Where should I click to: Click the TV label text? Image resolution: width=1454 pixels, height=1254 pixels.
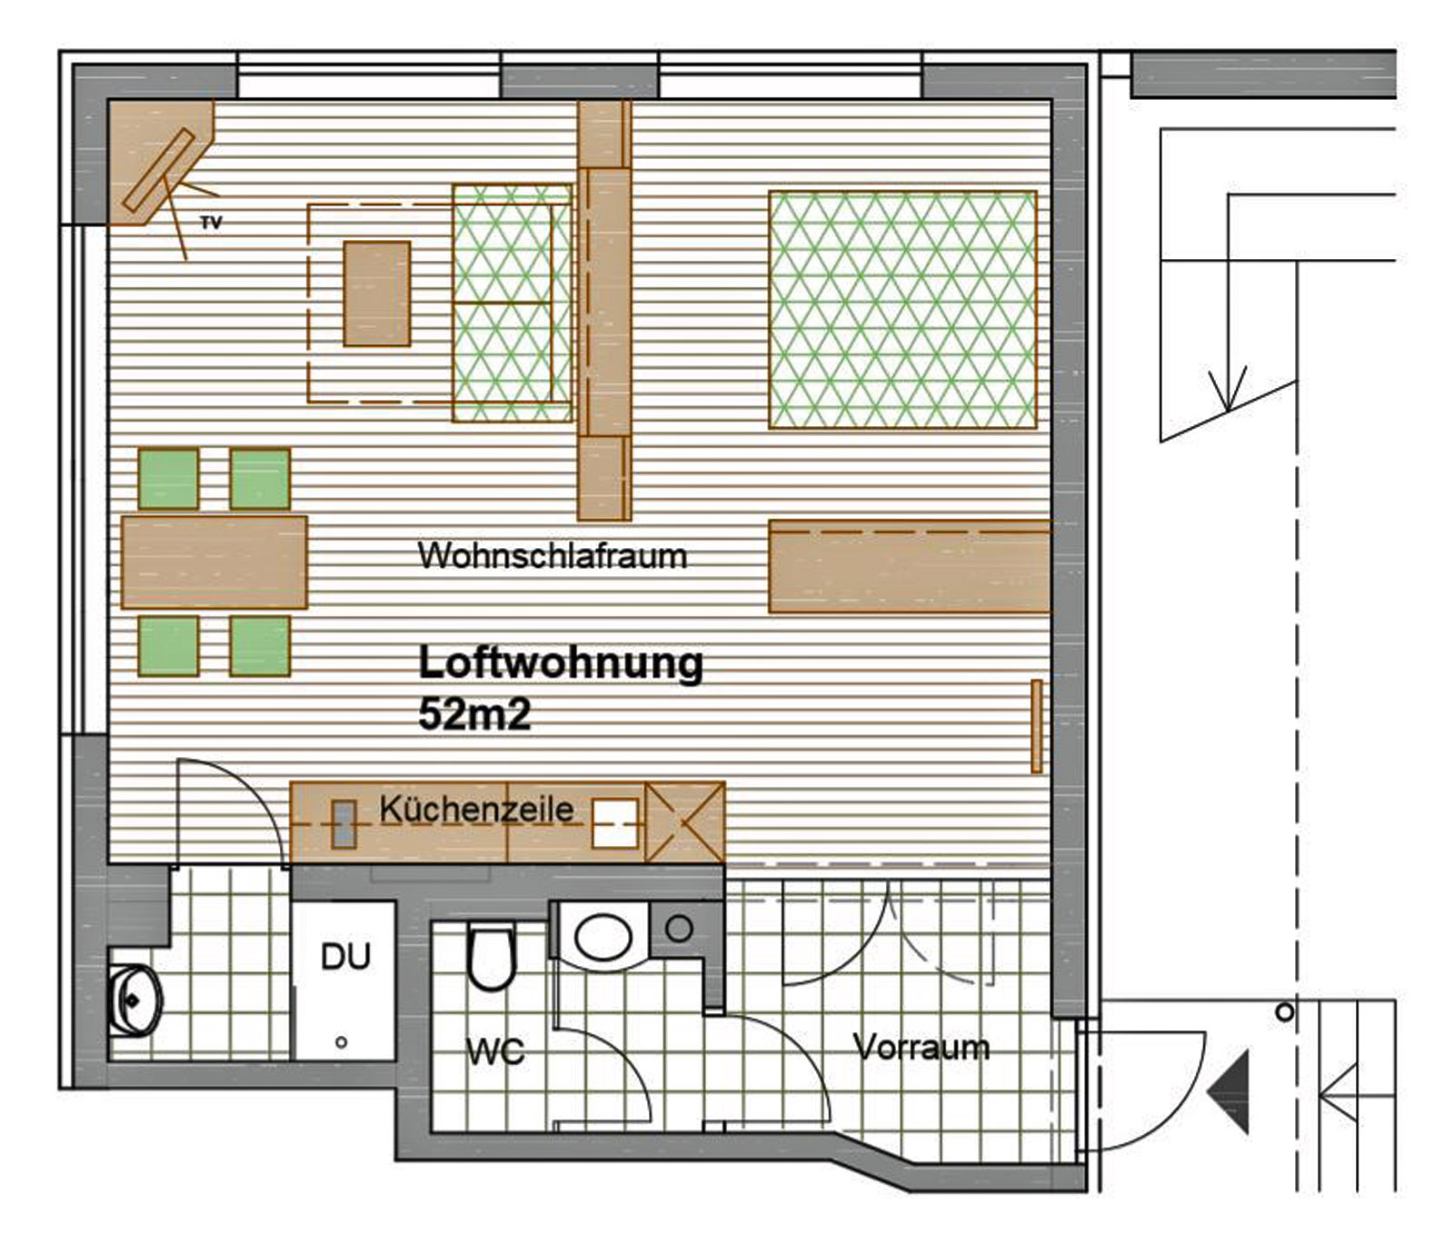tap(211, 223)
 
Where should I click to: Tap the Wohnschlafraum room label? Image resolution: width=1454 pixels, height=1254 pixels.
tap(552, 555)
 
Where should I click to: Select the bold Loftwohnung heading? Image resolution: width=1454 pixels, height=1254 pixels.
tap(560, 664)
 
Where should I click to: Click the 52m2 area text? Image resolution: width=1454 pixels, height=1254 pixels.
tap(474, 714)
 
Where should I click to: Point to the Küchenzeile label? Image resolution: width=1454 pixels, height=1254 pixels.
tap(476, 809)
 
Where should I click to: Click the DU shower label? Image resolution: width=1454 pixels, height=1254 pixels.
tap(345, 956)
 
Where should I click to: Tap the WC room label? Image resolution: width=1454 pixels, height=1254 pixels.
tap(495, 1051)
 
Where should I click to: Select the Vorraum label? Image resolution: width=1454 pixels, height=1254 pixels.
tap(921, 1048)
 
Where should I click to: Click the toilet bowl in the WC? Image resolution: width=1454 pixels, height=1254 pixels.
tap(491, 957)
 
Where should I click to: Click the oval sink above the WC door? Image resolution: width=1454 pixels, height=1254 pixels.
tap(603, 935)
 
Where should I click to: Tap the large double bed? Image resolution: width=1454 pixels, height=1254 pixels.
tap(902, 309)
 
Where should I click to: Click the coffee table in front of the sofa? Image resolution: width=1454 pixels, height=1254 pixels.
tap(376, 293)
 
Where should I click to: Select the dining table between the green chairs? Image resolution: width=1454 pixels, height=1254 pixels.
tap(214, 562)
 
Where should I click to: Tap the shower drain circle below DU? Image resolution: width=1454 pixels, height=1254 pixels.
tap(341, 1042)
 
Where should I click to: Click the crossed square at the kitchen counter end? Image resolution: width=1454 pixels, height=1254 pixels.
tap(684, 823)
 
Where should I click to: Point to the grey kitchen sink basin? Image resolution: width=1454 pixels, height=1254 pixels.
tap(343, 824)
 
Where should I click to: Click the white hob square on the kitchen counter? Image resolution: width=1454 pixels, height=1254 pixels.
tap(614, 823)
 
